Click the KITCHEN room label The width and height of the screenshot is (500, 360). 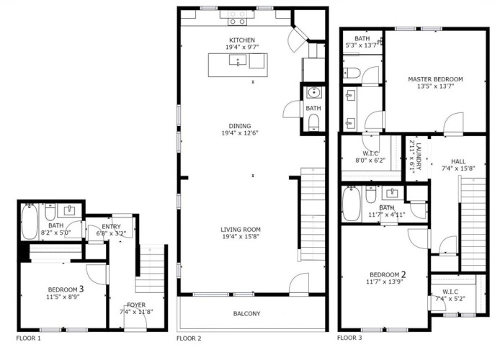[x=242, y=40]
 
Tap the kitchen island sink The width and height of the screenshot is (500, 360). [x=238, y=60]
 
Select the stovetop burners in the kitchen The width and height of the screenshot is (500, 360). [x=238, y=18]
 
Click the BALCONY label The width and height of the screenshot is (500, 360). [x=247, y=313]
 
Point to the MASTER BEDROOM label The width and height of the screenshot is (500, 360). [x=435, y=79]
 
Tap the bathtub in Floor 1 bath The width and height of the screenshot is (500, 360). [x=30, y=222]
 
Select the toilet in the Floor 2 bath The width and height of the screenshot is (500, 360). [x=314, y=122]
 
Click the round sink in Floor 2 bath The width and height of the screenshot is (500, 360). [x=314, y=92]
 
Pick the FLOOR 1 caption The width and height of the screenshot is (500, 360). [x=28, y=338]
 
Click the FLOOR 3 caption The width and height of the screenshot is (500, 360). [x=349, y=338]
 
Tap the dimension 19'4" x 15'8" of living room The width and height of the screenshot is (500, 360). [x=241, y=236]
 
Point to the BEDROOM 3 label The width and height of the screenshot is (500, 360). [x=66, y=289]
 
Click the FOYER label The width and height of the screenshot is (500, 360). [x=136, y=305]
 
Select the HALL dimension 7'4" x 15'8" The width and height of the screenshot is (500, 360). [x=458, y=168]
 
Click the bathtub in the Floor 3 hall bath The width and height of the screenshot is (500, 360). [x=352, y=204]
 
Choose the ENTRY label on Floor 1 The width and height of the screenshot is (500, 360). [x=111, y=227]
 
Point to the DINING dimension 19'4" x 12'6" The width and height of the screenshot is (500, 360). [x=240, y=133]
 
